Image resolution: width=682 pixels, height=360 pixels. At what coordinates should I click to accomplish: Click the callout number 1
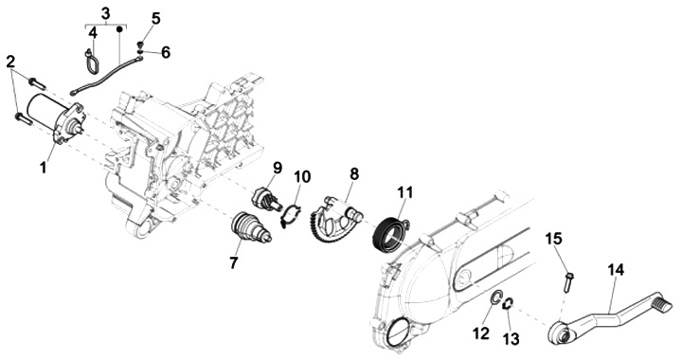pyautogui.click(x=43, y=168)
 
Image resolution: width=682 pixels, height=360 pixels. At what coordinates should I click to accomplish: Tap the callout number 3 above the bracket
pyautogui.click(x=106, y=13)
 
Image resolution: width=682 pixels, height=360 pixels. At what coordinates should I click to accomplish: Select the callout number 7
pyautogui.click(x=234, y=262)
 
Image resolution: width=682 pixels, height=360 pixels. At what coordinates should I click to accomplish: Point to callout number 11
pyautogui.click(x=404, y=192)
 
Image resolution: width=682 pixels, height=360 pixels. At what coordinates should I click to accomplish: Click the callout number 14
pyautogui.click(x=616, y=270)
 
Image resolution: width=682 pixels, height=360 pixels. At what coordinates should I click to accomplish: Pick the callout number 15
pyautogui.click(x=554, y=239)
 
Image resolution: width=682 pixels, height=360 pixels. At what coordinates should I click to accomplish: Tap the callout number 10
pyautogui.click(x=302, y=177)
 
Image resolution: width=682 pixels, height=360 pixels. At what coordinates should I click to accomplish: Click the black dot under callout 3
pyautogui.click(x=119, y=29)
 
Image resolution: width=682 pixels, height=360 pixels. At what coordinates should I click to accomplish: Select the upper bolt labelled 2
pyautogui.click(x=37, y=82)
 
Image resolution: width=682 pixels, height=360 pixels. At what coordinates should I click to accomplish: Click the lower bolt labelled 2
pyautogui.click(x=24, y=118)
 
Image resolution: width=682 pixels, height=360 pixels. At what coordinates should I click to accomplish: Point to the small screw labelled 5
pyautogui.click(x=140, y=45)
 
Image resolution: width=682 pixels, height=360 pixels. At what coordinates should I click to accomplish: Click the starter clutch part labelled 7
pyautogui.click(x=249, y=227)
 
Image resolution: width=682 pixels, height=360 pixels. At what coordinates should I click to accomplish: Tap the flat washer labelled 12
pyautogui.click(x=496, y=299)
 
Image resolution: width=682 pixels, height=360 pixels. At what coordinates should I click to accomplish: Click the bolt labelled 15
pyautogui.click(x=569, y=280)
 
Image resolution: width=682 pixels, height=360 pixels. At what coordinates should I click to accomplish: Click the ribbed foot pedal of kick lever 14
pyautogui.click(x=665, y=304)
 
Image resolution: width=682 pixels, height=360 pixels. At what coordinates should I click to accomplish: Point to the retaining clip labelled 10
pyautogui.click(x=290, y=215)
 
